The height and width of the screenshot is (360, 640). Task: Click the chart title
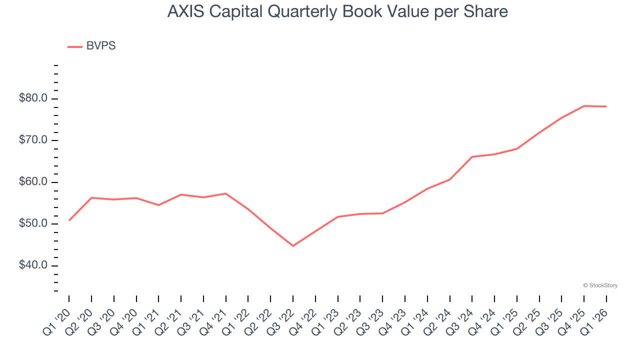(337, 11)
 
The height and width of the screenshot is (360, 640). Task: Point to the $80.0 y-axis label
(33, 98)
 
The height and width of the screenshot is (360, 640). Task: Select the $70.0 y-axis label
(33, 140)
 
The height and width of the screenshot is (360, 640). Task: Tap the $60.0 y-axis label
(33, 182)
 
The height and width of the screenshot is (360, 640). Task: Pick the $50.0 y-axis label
(33, 223)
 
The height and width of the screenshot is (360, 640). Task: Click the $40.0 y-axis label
(33, 265)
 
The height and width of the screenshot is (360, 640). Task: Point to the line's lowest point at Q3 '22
(293, 246)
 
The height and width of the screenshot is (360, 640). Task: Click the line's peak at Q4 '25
(584, 106)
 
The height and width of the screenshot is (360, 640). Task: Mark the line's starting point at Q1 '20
(69, 220)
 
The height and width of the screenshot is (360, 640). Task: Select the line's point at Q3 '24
(472, 157)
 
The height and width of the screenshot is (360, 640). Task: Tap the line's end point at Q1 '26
(606, 106)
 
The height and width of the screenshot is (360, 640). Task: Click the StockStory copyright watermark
(600, 285)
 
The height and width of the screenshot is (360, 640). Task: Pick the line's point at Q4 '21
(226, 193)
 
